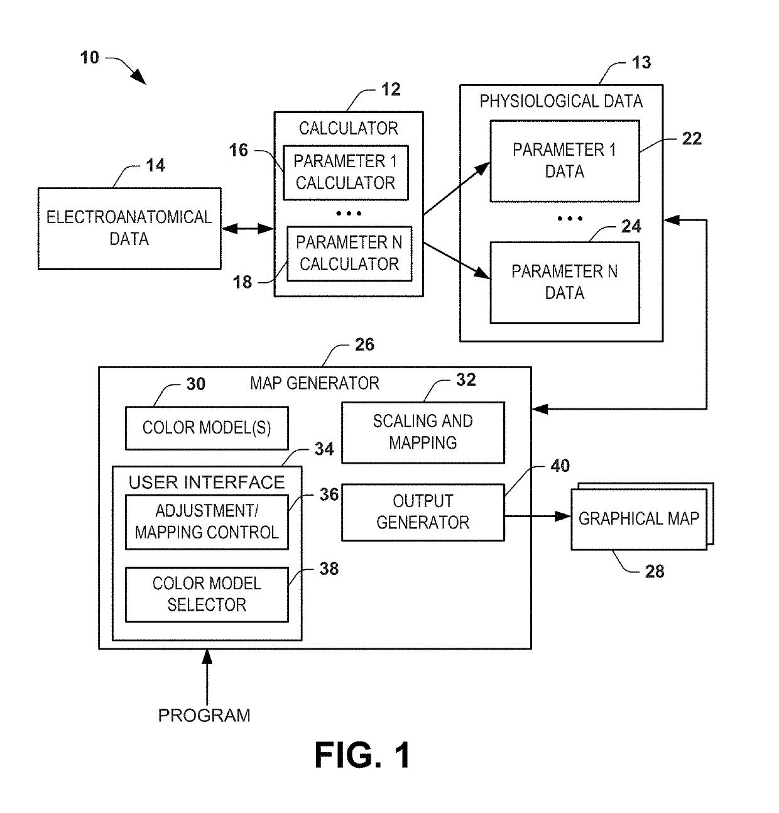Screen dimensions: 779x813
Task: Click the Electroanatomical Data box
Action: click(x=129, y=228)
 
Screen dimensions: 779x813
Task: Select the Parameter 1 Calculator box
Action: click(x=346, y=173)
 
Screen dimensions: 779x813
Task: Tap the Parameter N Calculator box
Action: click(x=349, y=254)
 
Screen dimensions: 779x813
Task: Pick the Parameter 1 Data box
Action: click(x=565, y=161)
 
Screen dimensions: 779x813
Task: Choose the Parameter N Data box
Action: click(x=565, y=283)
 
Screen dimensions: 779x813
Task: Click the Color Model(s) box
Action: click(x=207, y=428)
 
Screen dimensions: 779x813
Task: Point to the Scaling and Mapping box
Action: click(x=423, y=432)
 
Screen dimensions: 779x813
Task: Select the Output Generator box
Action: click(x=423, y=512)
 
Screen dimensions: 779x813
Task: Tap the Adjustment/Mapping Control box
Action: click(x=207, y=522)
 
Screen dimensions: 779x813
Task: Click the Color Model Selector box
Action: click(x=207, y=594)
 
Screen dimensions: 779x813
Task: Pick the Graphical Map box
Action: click(x=639, y=519)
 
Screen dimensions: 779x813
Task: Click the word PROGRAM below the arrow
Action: click(x=204, y=716)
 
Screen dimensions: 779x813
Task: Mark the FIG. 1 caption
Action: click(x=362, y=755)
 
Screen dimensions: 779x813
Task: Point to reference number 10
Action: click(x=89, y=58)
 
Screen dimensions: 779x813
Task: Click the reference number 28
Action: click(x=654, y=572)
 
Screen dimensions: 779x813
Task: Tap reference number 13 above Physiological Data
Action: click(x=641, y=63)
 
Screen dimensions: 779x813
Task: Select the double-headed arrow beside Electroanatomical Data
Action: click(x=248, y=229)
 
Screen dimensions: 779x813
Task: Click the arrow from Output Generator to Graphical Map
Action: click(x=538, y=516)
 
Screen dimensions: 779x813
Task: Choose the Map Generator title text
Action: click(x=315, y=383)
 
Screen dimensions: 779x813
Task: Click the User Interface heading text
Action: click(x=207, y=483)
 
